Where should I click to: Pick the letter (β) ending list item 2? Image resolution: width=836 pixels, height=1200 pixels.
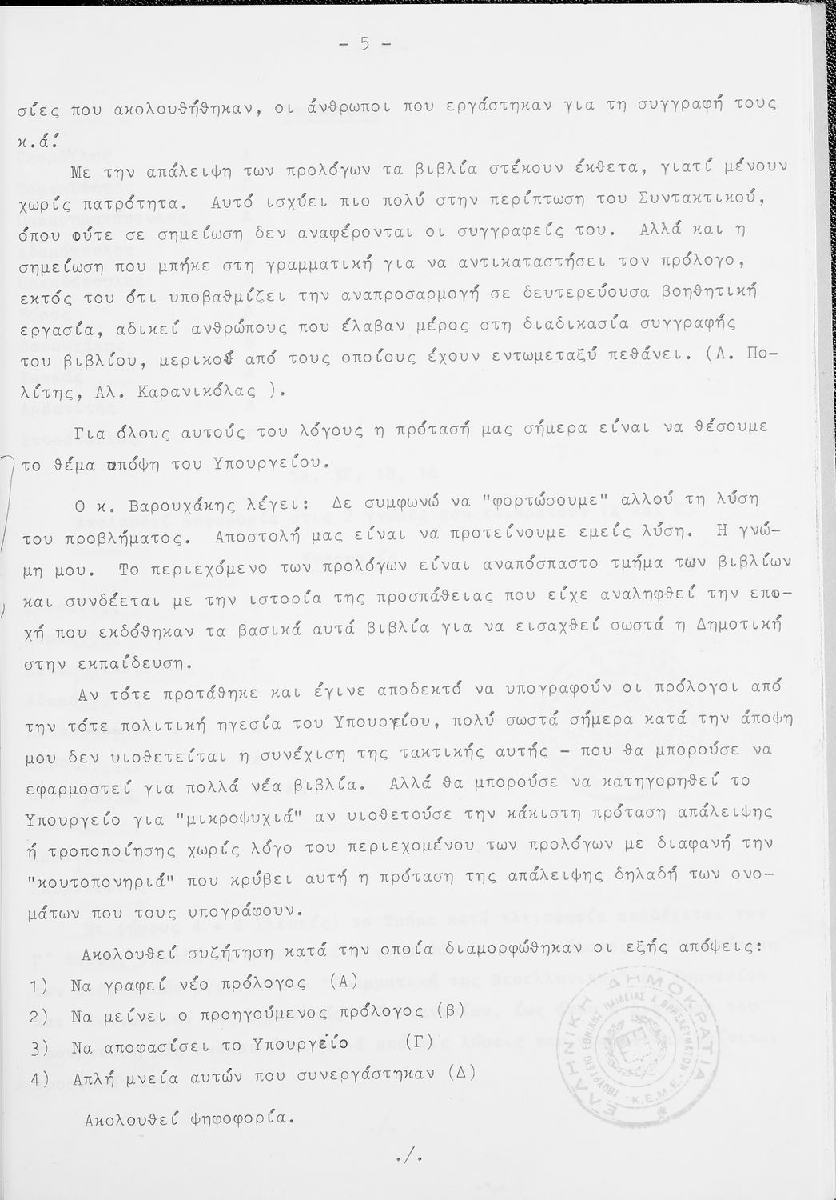click(x=452, y=1010)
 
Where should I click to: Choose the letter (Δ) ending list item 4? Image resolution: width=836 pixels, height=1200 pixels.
click(x=463, y=1073)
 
